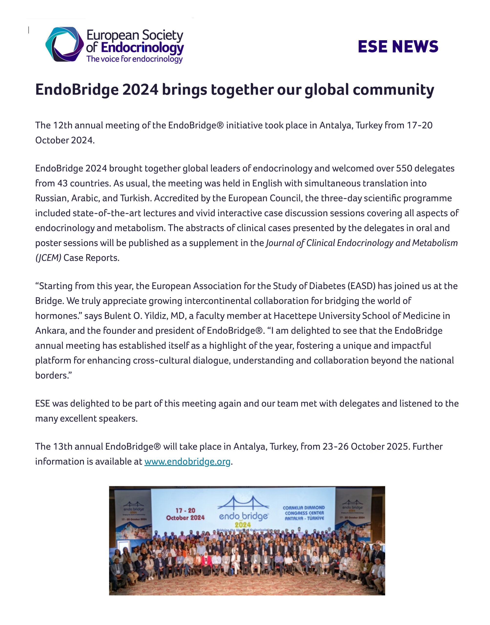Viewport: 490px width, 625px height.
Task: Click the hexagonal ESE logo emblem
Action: pyautogui.click(x=64, y=44)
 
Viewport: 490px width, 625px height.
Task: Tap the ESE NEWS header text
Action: pyautogui.click(x=398, y=46)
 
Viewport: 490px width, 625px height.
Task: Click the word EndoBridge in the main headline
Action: pyautogui.click(x=77, y=90)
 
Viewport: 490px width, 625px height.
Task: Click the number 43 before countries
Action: pyautogui.click(x=62, y=183)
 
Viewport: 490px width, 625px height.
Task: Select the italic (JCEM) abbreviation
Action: pyautogui.click(x=48, y=258)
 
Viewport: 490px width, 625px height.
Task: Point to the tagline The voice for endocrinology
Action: pyautogui.click(x=134, y=59)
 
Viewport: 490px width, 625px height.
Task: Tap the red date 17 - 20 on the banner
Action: pyautogui.click(x=185, y=510)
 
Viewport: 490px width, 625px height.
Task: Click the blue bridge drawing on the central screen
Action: pyautogui.click(x=243, y=504)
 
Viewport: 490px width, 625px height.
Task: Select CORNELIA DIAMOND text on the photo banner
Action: pyautogui.click(x=304, y=507)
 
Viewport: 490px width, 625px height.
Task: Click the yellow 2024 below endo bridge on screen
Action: pyautogui.click(x=243, y=525)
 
